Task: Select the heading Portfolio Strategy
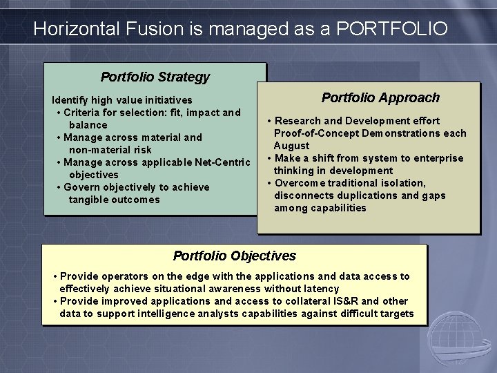pos(155,77)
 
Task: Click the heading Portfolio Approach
pos(380,97)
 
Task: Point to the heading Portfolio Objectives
pos(235,256)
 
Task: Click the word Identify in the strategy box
pos(73,100)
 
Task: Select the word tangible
pos(90,200)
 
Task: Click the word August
pos(291,146)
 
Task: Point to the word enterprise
pos(438,158)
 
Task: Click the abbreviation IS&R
pos(344,301)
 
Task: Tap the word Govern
pos(82,187)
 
